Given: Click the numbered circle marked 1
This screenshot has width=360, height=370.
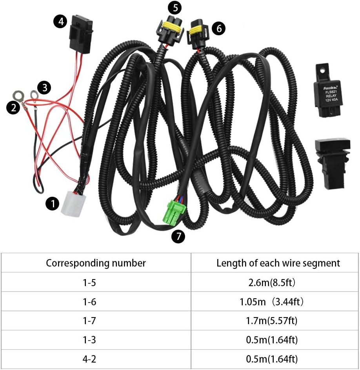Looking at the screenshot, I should pos(52,203).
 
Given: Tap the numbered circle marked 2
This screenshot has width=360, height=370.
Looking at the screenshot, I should pos(13,107).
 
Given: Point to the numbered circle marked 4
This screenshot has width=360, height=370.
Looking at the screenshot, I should pos(60,22).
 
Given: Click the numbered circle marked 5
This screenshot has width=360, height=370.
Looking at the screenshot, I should pos(175,7).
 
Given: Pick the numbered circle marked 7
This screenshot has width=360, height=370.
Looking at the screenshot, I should pos(178,236).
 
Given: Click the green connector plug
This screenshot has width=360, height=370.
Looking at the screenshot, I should pos(174,212).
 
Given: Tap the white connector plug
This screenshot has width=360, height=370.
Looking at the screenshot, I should pos(71,203).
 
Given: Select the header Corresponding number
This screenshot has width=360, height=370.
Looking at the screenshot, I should pos(96,263).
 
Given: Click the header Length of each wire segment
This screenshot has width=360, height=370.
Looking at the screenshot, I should pos(278,263).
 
